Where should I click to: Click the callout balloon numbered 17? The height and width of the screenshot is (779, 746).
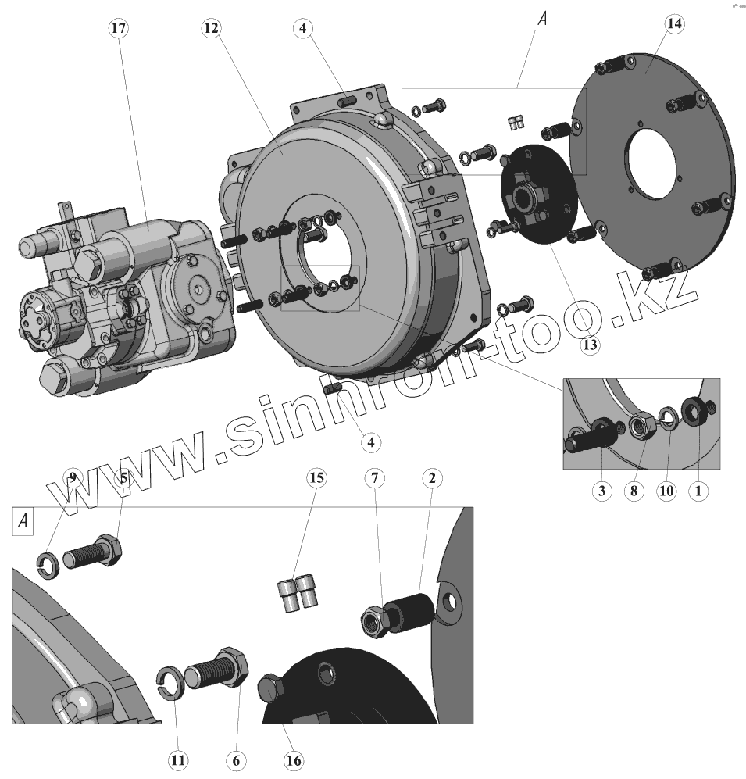coord(118,28)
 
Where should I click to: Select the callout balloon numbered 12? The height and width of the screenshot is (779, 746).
coord(211,28)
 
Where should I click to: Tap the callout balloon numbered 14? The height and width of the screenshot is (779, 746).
coord(674,24)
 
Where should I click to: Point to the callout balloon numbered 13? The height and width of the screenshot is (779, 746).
coord(590,345)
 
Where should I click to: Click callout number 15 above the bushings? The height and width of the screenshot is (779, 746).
coord(316,478)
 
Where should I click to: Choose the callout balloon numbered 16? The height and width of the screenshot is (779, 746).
coord(294,760)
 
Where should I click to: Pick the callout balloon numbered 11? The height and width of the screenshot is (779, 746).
coord(178,760)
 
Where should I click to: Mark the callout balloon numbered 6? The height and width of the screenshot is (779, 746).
coord(236,760)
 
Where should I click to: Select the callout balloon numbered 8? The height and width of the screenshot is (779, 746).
coord(634,491)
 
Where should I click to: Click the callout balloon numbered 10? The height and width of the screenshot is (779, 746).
coord(666,491)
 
